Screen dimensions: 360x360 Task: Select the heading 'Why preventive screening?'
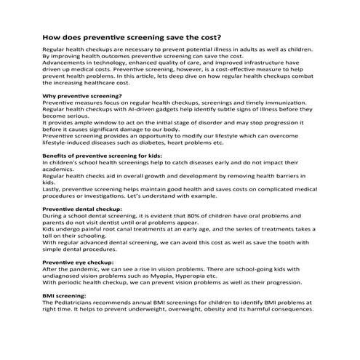coord(82,96)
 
